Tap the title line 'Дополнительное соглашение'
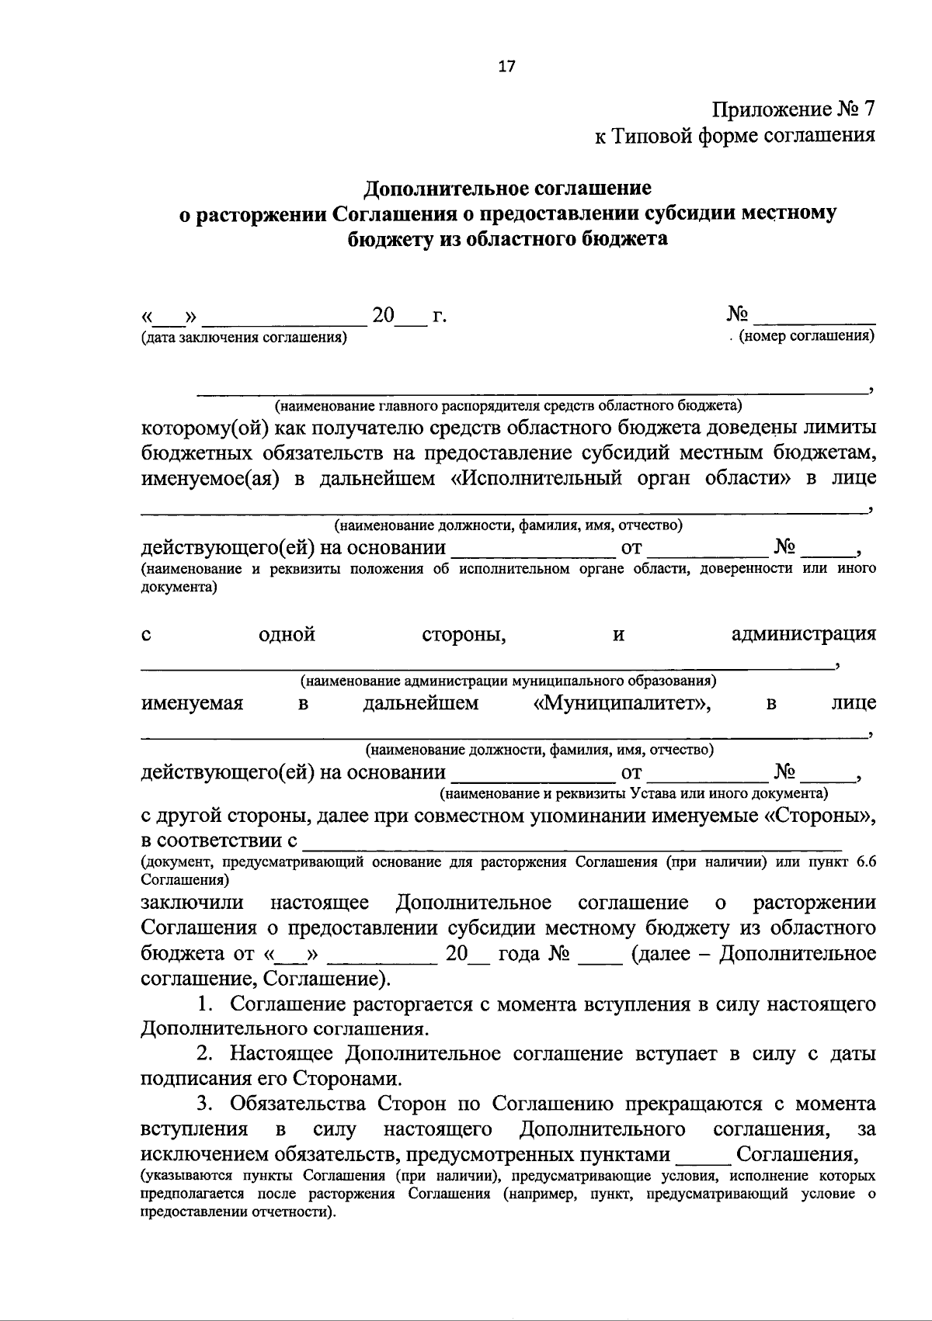[x=508, y=189]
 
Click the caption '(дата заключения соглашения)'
[x=244, y=338]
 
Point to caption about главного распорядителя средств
[x=508, y=405]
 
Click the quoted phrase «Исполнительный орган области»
[x=621, y=477]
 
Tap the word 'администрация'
[x=804, y=634]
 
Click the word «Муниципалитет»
[x=620, y=703]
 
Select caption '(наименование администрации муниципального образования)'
[x=508, y=681]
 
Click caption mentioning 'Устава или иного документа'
[x=633, y=794]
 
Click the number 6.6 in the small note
[x=864, y=863]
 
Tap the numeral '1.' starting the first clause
[x=205, y=1004]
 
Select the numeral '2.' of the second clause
[x=205, y=1054]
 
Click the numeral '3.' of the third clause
[x=205, y=1104]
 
